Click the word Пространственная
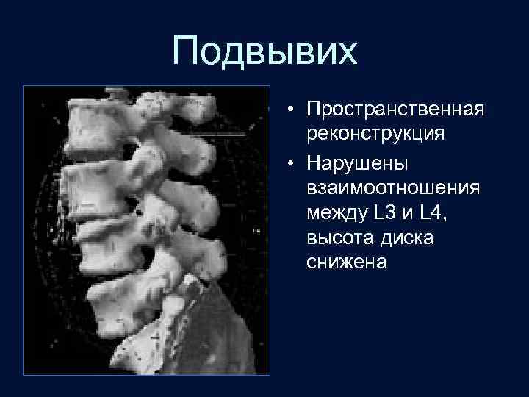point(395,110)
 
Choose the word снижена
point(347,264)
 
